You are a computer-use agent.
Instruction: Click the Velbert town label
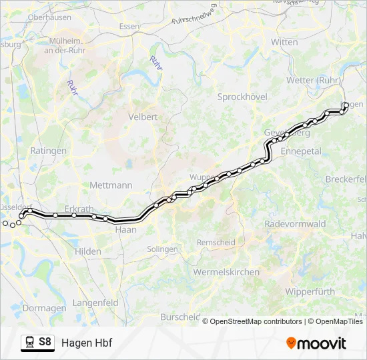[143, 117]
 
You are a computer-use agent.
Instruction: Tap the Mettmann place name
[111, 185]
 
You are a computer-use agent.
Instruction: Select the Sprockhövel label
[242, 97]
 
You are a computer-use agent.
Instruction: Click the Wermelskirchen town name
[226, 272]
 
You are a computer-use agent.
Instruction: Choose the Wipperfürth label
[308, 292]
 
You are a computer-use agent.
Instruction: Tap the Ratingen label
[48, 151]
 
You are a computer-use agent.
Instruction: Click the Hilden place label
[88, 251]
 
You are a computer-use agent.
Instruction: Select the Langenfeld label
[95, 303]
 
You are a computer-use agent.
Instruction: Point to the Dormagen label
[44, 308]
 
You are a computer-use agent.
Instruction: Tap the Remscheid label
[216, 242]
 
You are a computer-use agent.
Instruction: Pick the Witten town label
[284, 42]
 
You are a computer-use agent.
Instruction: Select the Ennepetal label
[302, 151]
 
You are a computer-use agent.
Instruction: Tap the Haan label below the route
[126, 229]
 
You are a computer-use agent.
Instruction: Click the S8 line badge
[45, 343]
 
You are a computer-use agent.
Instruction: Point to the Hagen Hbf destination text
[87, 343]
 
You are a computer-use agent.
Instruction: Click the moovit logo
[316, 343]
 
